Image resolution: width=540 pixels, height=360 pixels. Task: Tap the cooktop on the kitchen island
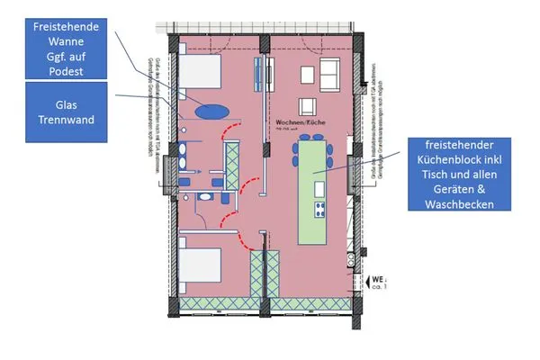pos(319,211)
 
